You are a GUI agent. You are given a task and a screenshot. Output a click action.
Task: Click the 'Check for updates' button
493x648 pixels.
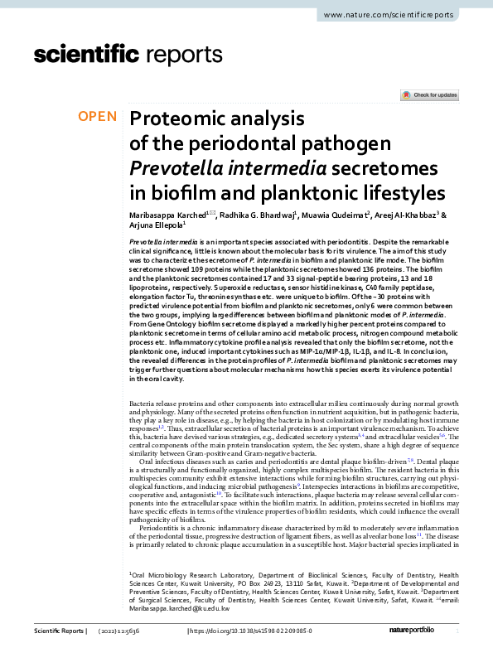tap(429, 95)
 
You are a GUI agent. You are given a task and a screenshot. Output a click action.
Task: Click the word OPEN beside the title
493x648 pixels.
tap(97, 116)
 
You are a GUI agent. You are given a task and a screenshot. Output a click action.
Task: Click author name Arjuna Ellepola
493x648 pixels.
tap(155, 225)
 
